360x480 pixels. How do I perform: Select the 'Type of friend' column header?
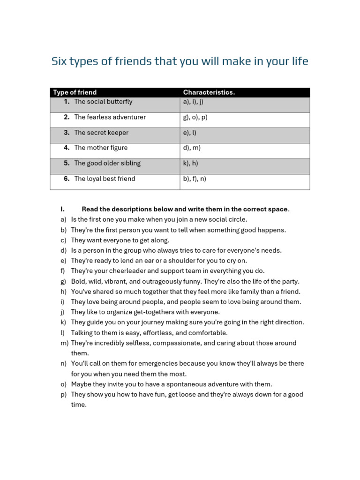click(x=75, y=92)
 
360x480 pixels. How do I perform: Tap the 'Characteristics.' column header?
click(x=209, y=92)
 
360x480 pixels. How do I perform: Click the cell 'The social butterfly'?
click(x=103, y=102)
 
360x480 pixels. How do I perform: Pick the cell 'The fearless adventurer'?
click(x=110, y=117)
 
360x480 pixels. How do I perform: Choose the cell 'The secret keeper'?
click(x=101, y=133)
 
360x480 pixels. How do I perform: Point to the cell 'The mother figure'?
click(x=101, y=148)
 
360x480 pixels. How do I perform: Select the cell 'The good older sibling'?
click(x=107, y=163)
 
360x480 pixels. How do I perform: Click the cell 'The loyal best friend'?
click(x=105, y=179)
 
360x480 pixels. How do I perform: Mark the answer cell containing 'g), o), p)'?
click(x=195, y=117)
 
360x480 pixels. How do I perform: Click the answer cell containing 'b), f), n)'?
click(x=195, y=179)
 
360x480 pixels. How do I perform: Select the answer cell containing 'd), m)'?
click(x=192, y=148)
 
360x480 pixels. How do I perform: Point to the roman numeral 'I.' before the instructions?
click(x=63, y=209)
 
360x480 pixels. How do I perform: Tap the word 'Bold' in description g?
click(x=78, y=281)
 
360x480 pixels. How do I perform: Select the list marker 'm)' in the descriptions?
click(x=64, y=343)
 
